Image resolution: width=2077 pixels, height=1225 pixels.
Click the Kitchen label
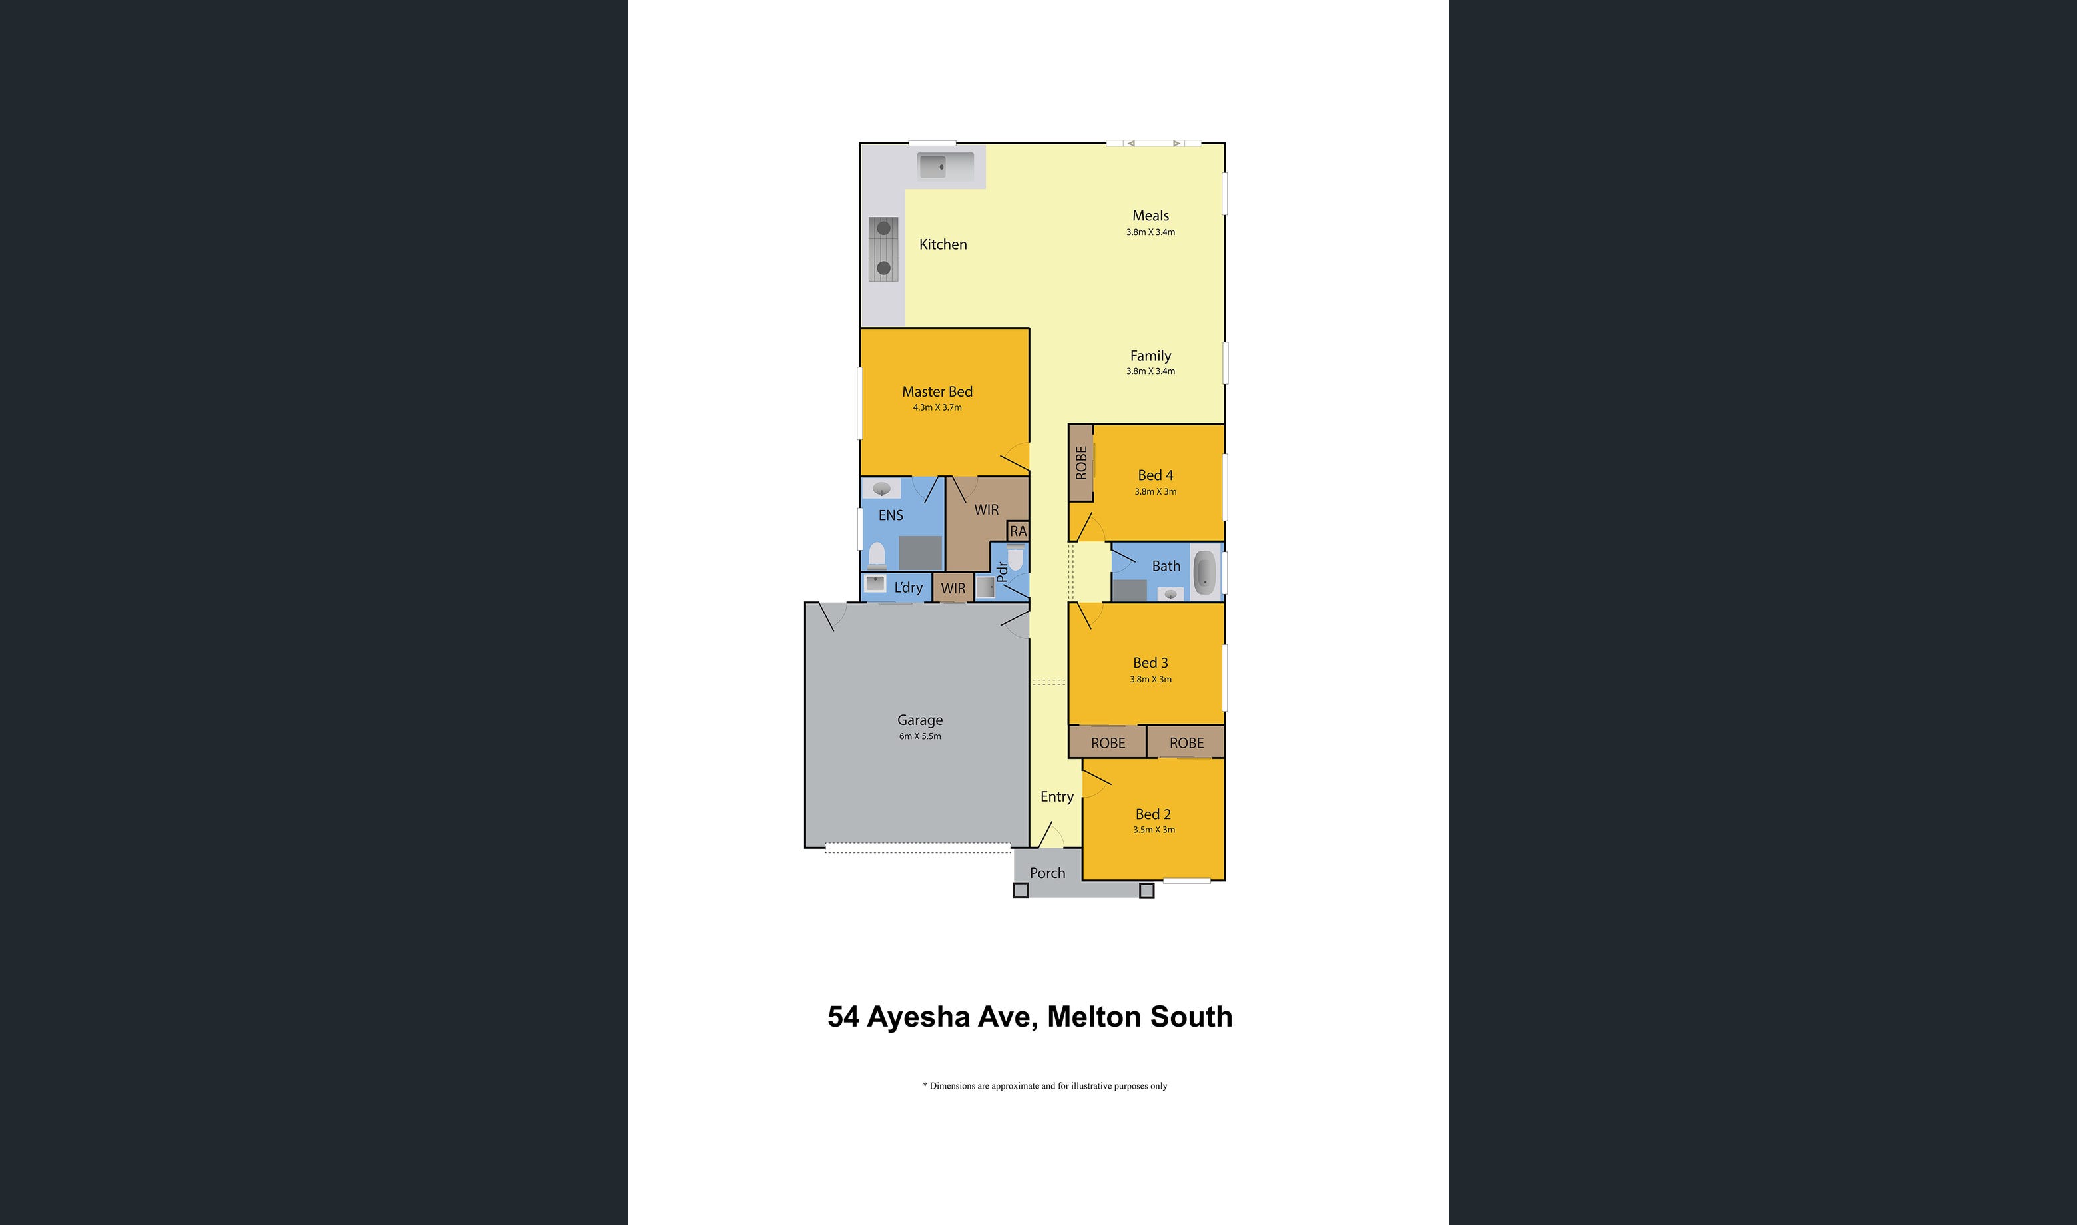(x=943, y=244)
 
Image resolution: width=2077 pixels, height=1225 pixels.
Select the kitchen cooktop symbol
(x=883, y=248)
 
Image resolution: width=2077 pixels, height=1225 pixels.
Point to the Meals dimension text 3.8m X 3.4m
(x=1150, y=232)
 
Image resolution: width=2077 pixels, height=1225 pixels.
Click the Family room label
(x=1150, y=356)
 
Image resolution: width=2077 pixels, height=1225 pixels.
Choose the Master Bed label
(x=937, y=392)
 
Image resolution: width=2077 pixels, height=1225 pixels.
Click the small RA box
(x=1019, y=531)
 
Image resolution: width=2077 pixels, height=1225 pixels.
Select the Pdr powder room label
(x=1002, y=571)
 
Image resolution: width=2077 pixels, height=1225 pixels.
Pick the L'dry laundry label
(x=908, y=587)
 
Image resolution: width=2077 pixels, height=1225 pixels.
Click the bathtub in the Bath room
(x=1204, y=571)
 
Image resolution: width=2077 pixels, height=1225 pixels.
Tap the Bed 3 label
(x=1150, y=663)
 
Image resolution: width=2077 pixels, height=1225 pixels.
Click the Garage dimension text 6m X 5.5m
(x=920, y=736)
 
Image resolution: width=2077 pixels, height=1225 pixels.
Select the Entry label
(x=1057, y=796)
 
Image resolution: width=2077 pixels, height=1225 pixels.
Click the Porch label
(x=1047, y=873)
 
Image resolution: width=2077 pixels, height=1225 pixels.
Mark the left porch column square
(x=1021, y=891)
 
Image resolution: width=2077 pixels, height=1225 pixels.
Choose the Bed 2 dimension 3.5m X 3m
(x=1154, y=830)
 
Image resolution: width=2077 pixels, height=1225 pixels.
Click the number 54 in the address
(x=843, y=1017)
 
